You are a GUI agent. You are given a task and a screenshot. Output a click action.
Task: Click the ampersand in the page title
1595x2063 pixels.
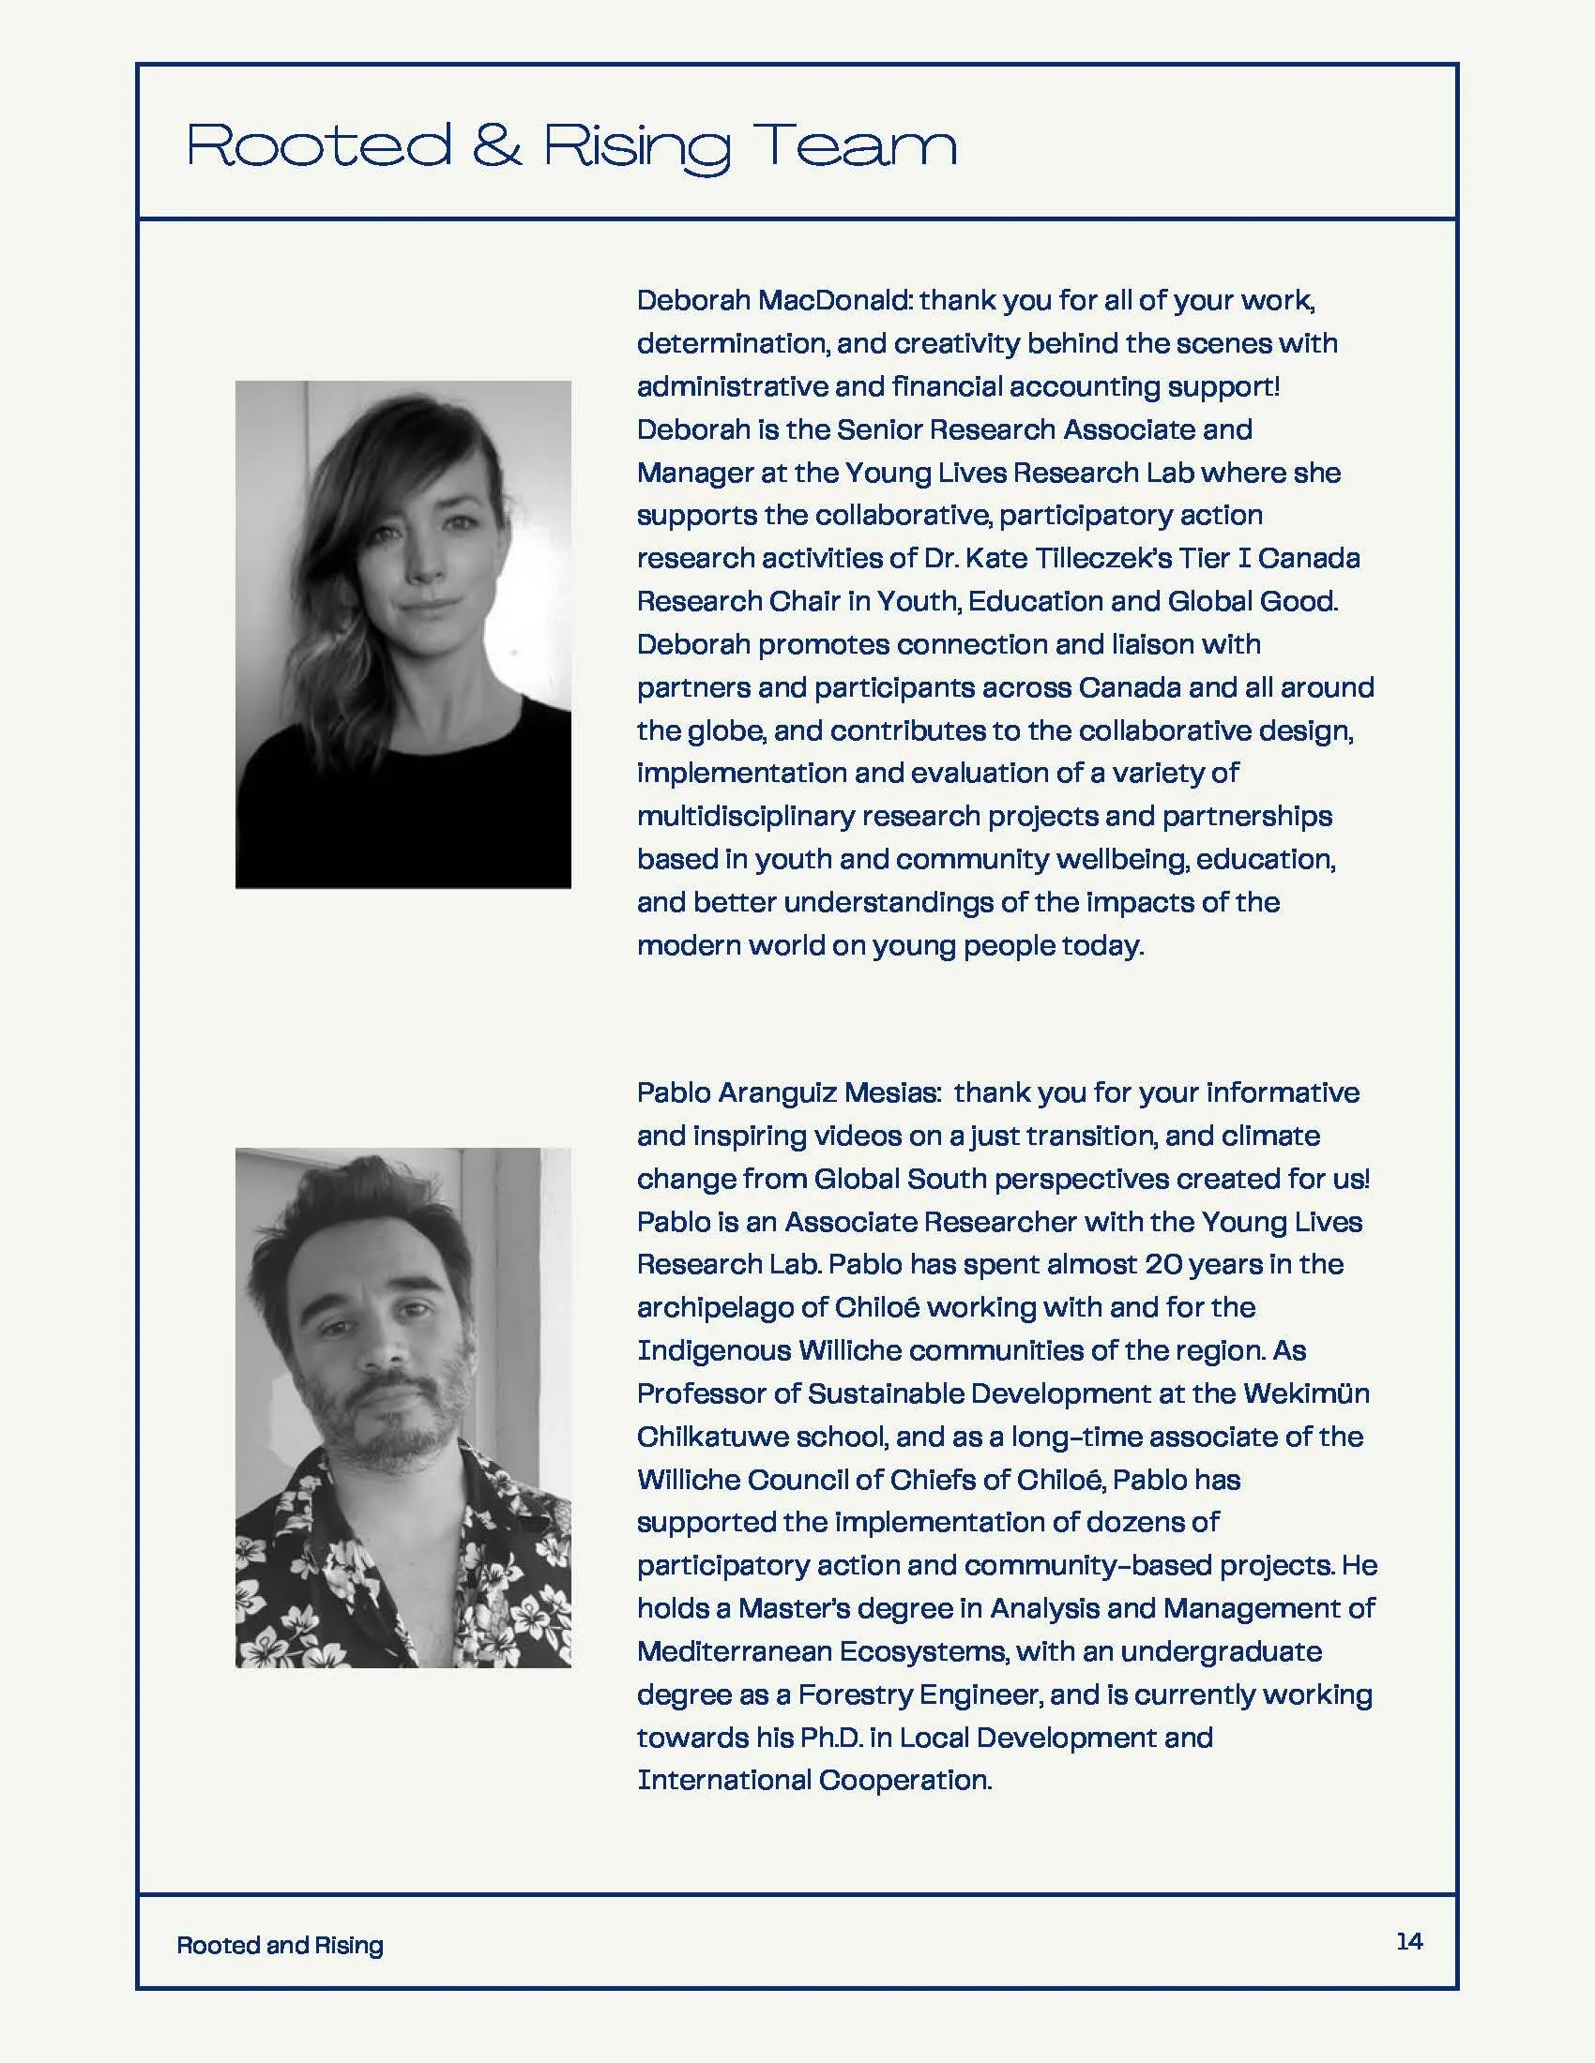[496, 145]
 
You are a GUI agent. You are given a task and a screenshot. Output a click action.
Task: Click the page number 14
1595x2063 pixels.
[1409, 1940]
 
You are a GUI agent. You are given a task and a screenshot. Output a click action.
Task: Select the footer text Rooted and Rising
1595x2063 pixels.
[280, 1945]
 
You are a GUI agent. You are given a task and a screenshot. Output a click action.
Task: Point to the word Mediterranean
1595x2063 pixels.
[734, 1651]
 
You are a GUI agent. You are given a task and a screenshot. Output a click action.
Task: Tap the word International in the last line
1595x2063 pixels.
[723, 1781]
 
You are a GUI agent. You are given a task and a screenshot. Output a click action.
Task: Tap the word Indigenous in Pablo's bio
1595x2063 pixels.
[713, 1350]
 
